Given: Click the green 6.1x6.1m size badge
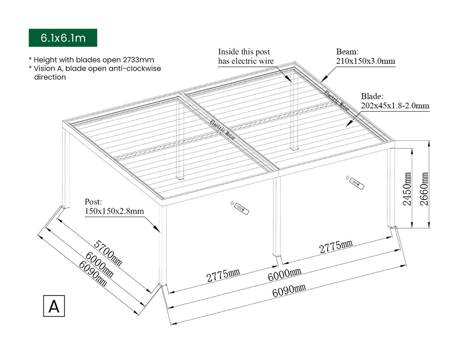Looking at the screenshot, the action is pos(63,38).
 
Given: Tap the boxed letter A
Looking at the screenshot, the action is pos(54,306).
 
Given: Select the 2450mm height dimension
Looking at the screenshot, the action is pos(407,189).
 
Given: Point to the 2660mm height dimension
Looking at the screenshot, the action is pos(424,189).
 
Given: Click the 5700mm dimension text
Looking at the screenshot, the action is pos(108,253).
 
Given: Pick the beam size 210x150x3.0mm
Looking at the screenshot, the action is pos(366,61).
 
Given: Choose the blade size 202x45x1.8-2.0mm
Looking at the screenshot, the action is pos(395,105).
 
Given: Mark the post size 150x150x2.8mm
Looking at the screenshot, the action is pos(114,211).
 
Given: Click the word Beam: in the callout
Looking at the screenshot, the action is pos(347,52).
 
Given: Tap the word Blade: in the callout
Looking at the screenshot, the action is pos(372,96).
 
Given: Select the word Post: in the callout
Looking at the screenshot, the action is pos(93,202).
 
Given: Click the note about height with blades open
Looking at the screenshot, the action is pos(91,60).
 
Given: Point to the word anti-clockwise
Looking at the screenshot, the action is pos(135,68).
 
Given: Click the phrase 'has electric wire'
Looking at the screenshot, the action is pos(246,61).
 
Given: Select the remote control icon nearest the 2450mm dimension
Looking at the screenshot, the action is pos(356,182).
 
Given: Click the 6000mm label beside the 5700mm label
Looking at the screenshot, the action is pos(99,265).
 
